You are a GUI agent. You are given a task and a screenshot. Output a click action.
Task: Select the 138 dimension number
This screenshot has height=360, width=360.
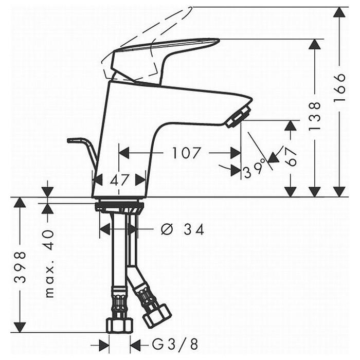(314, 116)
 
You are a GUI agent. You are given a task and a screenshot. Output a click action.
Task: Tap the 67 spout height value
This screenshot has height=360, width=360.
(291, 156)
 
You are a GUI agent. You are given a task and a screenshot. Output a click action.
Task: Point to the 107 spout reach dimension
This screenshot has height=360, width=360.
(186, 153)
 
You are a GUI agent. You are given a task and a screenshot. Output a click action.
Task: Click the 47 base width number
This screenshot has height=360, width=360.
(119, 180)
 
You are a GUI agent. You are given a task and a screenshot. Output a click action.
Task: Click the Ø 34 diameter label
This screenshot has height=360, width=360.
(183, 229)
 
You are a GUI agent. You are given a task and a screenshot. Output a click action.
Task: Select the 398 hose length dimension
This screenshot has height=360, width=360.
(20, 267)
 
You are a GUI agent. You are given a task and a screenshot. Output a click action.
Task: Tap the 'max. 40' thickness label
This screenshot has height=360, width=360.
(49, 263)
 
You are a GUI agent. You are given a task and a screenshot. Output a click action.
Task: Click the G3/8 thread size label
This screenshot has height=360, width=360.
(175, 344)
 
